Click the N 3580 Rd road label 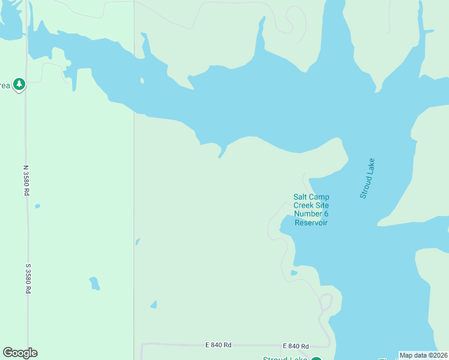point(26,180)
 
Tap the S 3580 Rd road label point(28,278)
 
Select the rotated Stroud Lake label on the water point(367,178)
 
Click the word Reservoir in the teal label point(311,223)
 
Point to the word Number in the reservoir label point(311,214)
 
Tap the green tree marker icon point(20,84)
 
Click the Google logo point(20,353)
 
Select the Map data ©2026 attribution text point(423,355)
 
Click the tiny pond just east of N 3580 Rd point(37,206)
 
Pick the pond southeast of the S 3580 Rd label point(94,283)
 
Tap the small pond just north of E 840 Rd point(154,304)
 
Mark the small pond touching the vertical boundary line point(137,242)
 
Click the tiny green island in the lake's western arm point(142,80)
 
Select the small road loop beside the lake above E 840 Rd point(325,302)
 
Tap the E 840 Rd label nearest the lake point(295,346)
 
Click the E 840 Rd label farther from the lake point(218,345)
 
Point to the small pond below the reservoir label point(294,273)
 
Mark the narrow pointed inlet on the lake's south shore point(221,153)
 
